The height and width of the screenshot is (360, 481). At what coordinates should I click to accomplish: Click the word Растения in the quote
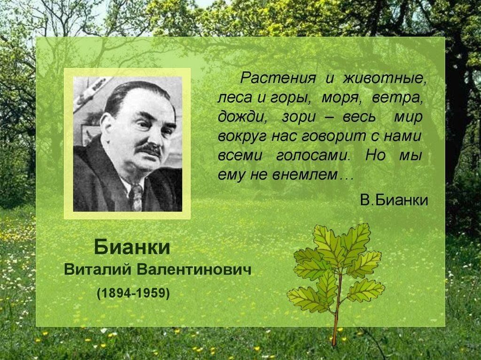click(x=278, y=78)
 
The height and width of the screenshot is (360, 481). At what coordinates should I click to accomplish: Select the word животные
click(x=385, y=78)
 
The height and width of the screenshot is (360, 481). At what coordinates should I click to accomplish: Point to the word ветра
click(x=396, y=98)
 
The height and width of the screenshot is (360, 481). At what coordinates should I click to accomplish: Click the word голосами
click(x=313, y=155)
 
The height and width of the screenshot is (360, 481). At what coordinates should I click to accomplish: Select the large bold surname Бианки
click(x=132, y=247)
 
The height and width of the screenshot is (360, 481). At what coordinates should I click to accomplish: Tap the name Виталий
click(x=98, y=270)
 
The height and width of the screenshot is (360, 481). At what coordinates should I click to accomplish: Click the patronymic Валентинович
click(x=194, y=270)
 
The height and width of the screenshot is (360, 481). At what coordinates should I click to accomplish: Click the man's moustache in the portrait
click(x=148, y=149)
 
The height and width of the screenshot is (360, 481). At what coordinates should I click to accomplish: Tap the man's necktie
click(x=137, y=197)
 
